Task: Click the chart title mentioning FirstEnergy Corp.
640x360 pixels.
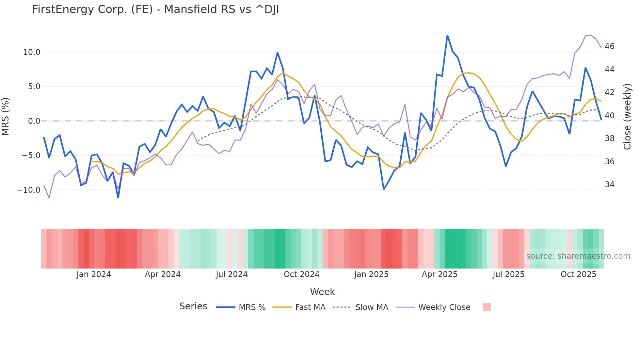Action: point(155,9)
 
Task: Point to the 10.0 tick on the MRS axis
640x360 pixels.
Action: point(32,52)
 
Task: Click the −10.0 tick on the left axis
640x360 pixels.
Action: point(29,190)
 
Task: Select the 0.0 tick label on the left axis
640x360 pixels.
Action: point(34,121)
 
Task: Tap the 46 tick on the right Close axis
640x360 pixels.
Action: point(609,46)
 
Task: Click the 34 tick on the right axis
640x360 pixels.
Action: point(609,185)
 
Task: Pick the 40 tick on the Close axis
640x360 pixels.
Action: point(609,116)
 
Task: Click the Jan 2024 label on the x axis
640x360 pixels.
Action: point(94,274)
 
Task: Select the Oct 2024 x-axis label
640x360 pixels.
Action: point(301,274)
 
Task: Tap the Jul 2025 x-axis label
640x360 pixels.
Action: point(508,274)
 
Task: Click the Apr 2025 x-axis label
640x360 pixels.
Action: point(440,274)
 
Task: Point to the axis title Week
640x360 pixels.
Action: point(322,292)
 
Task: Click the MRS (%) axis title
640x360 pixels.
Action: point(6,116)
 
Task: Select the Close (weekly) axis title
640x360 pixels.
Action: point(627,117)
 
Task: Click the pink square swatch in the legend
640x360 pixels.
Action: point(487,307)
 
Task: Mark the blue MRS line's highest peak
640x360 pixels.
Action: point(447,35)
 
